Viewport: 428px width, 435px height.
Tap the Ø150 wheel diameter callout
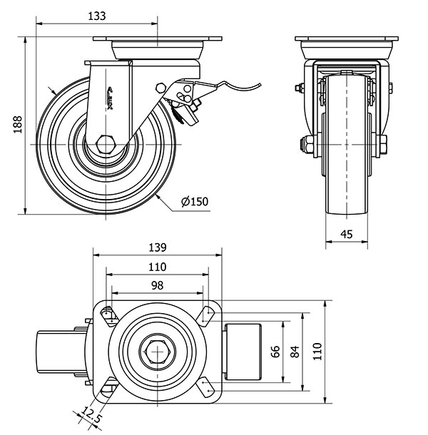point(194,202)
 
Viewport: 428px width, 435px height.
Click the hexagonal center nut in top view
point(157,351)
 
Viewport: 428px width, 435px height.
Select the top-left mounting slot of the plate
point(108,314)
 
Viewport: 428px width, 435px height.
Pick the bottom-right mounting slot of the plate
point(206,389)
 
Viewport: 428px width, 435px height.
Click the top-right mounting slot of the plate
point(206,314)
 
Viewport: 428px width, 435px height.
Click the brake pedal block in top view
point(245,350)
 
